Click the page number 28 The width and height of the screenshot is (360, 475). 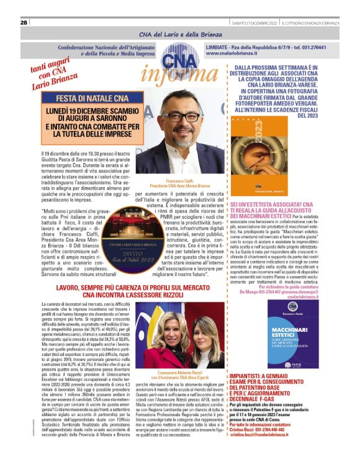click(x=24, y=22)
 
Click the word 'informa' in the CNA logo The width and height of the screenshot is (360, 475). click(x=172, y=73)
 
